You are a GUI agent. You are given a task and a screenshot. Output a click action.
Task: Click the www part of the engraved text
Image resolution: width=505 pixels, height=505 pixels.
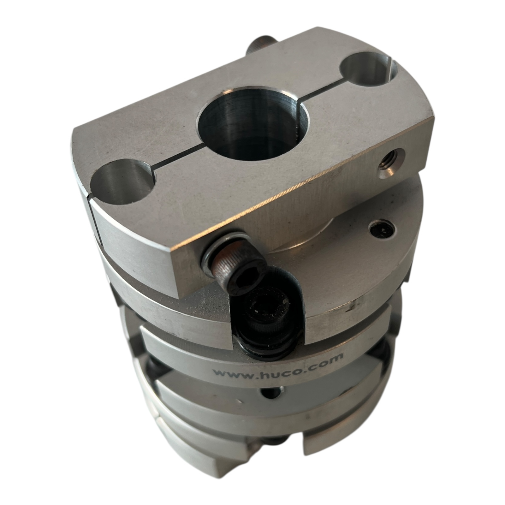click(234, 375)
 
